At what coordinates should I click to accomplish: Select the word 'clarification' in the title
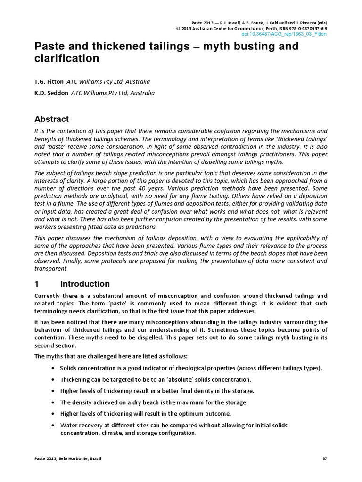click(67, 59)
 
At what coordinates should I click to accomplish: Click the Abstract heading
click(52, 119)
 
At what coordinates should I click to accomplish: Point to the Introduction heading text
click(85, 284)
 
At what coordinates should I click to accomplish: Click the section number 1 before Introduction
click(37, 284)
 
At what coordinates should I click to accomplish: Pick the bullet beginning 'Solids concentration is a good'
click(191, 368)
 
